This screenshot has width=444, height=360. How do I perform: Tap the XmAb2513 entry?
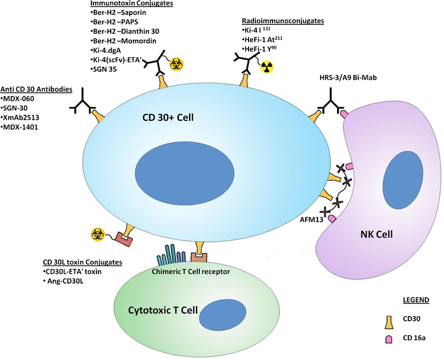24,118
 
